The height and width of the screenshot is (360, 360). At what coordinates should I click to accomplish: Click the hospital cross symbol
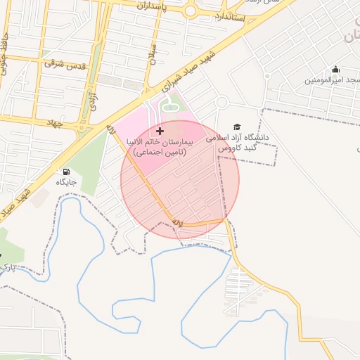point(160,131)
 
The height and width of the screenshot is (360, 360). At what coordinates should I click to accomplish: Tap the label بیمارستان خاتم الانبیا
point(160,142)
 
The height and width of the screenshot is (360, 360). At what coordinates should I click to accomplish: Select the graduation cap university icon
point(236,127)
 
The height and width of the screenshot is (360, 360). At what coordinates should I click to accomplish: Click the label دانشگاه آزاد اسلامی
point(239,139)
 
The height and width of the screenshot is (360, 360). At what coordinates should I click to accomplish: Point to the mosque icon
point(335,69)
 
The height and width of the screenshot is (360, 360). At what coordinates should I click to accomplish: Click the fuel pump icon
point(66,172)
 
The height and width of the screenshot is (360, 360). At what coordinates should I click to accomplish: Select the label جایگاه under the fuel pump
point(66,182)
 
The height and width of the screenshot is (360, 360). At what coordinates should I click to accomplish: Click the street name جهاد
point(53,123)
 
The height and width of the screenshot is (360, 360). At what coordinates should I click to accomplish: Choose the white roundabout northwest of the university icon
point(221,103)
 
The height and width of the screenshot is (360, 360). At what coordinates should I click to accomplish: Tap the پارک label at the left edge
point(6,268)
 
